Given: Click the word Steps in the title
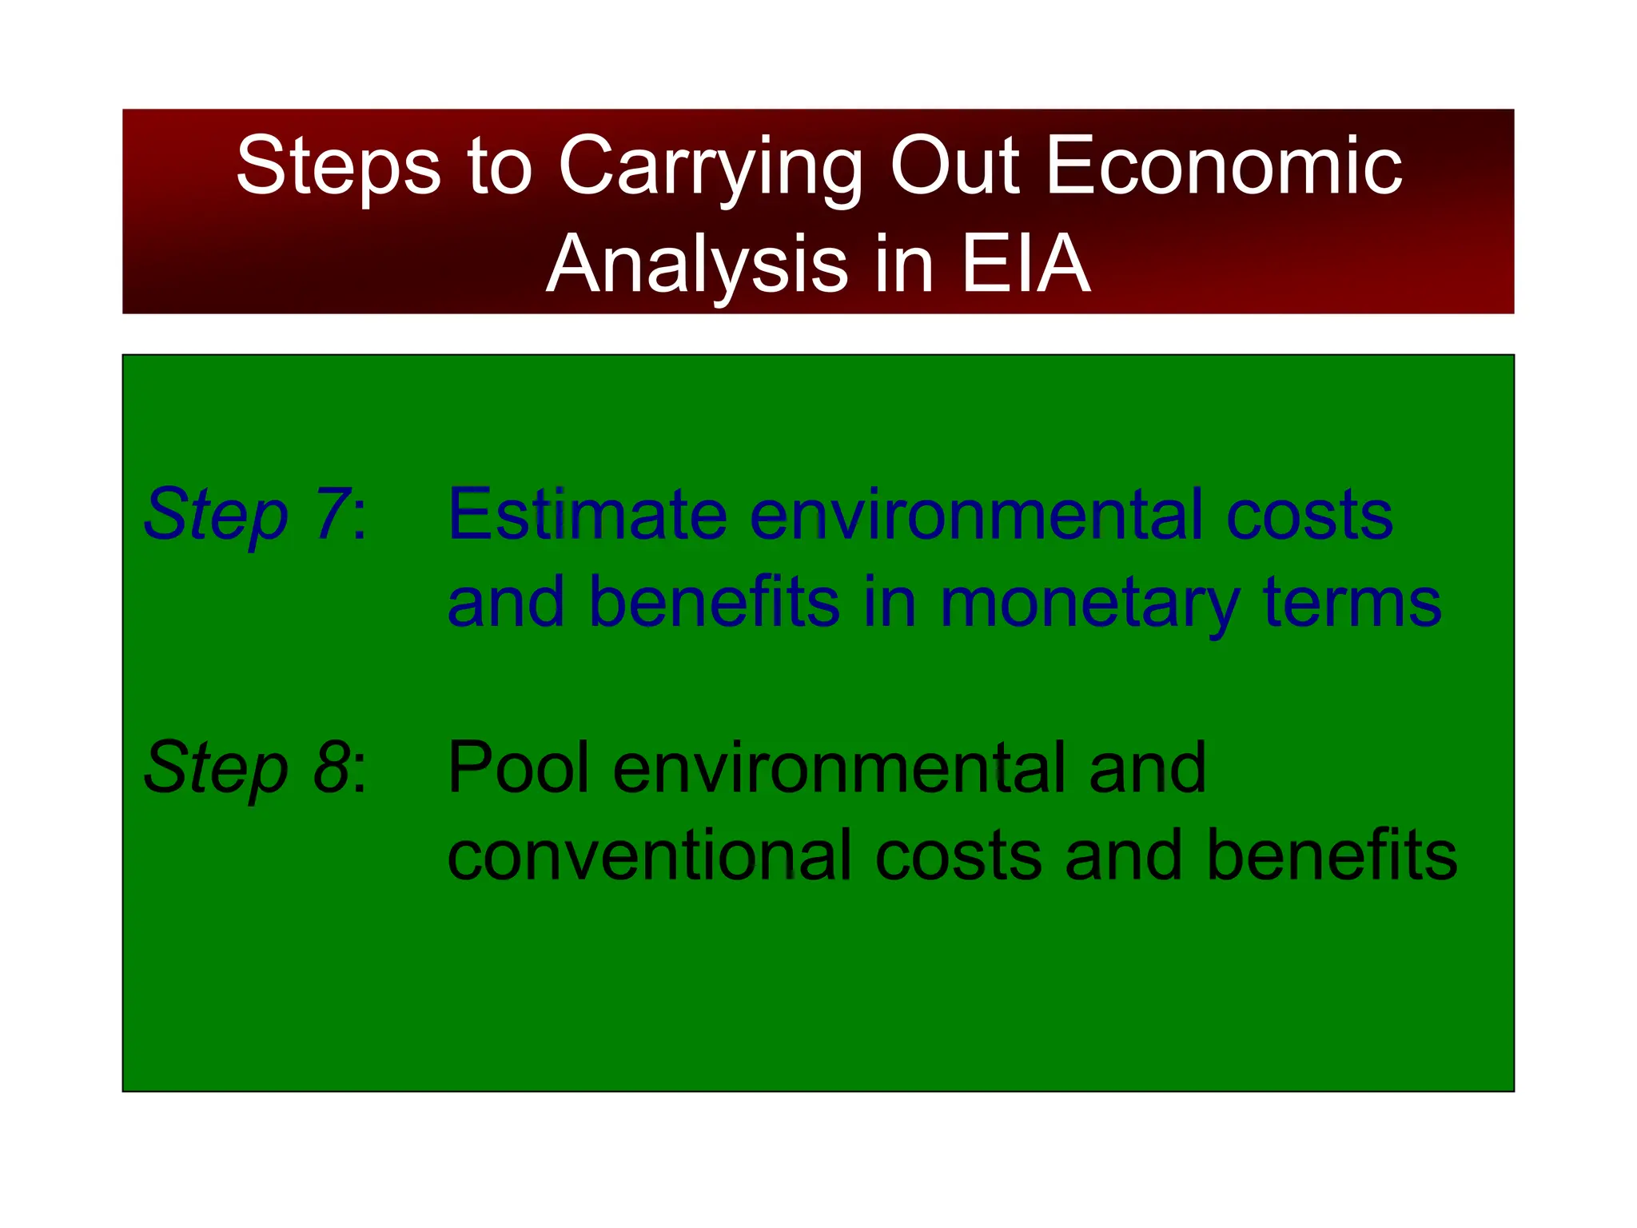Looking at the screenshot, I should click(x=338, y=165).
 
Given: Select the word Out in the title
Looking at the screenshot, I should click(x=954, y=165).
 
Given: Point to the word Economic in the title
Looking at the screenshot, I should click(x=1223, y=165).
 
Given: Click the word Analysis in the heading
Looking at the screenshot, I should click(x=696, y=266).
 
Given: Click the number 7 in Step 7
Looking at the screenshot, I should click(x=330, y=515).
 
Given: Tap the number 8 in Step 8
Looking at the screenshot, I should click(x=330, y=767).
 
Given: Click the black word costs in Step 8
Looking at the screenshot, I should click(x=958, y=856).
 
